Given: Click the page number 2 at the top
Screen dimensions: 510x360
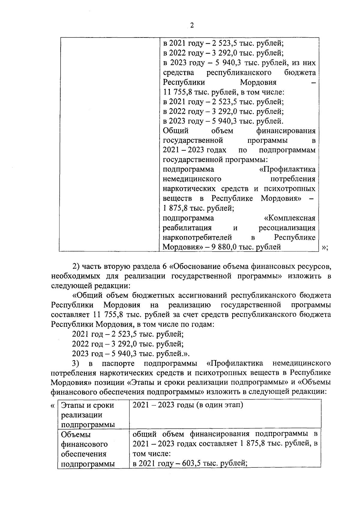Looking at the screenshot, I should click(x=192, y=25).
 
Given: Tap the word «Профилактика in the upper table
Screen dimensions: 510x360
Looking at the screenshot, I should click(x=287, y=169).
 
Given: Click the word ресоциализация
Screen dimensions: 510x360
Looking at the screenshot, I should click(x=287, y=228).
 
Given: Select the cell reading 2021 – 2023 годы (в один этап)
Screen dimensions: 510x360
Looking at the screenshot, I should click(x=187, y=405).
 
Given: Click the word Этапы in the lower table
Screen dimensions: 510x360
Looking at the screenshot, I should click(x=71, y=405).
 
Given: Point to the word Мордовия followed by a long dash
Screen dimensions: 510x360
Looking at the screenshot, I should click(x=258, y=82).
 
